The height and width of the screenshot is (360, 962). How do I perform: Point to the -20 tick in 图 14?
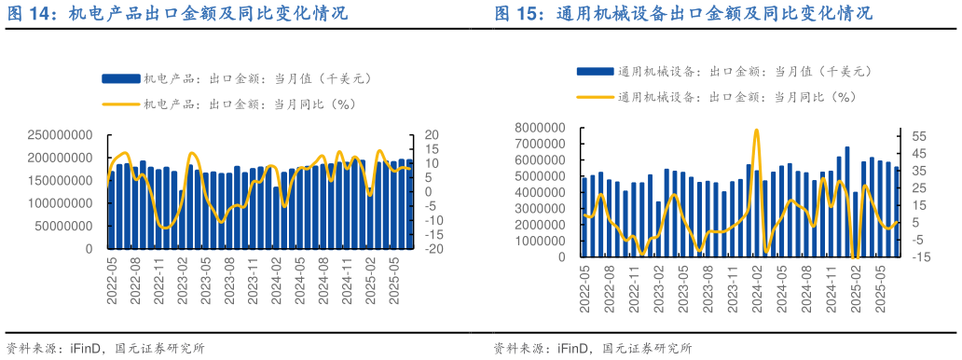pyautogui.click(x=432, y=250)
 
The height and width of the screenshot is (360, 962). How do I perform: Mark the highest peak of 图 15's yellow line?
pyautogui.click(x=756, y=130)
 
